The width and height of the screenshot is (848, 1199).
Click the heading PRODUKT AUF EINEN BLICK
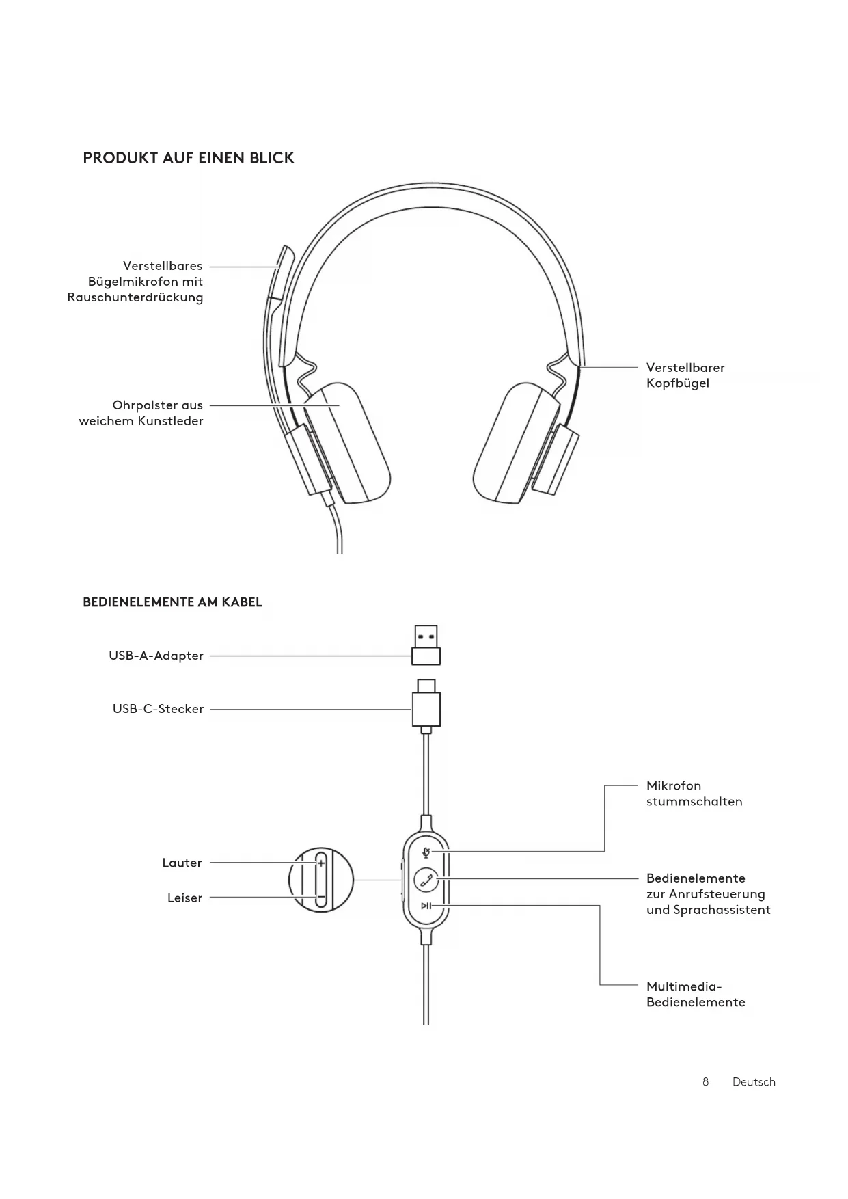tap(189, 158)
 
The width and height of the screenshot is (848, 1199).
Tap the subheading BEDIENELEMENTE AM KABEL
tap(172, 602)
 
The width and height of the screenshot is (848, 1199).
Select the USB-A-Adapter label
tap(156, 656)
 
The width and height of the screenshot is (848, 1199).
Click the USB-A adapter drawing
tap(426, 645)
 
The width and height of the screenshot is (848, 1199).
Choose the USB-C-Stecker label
tap(158, 709)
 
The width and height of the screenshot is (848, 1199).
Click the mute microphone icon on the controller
tap(426, 852)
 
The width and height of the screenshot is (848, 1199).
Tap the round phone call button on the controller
tap(426, 879)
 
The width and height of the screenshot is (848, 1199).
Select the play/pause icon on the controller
tap(426, 906)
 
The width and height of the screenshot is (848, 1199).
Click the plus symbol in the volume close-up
tap(321, 863)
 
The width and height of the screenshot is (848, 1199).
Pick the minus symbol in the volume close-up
tap(320, 897)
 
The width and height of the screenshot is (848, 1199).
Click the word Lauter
tap(182, 863)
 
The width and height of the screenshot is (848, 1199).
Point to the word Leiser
tap(184, 898)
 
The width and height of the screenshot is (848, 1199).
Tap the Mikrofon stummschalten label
tap(694, 794)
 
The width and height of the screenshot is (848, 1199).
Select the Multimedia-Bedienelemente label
tap(695, 995)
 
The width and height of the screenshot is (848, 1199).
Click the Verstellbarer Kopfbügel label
tap(685, 375)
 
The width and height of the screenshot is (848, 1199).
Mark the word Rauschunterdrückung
tap(135, 297)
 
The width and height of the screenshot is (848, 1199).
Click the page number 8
tap(705, 1082)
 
